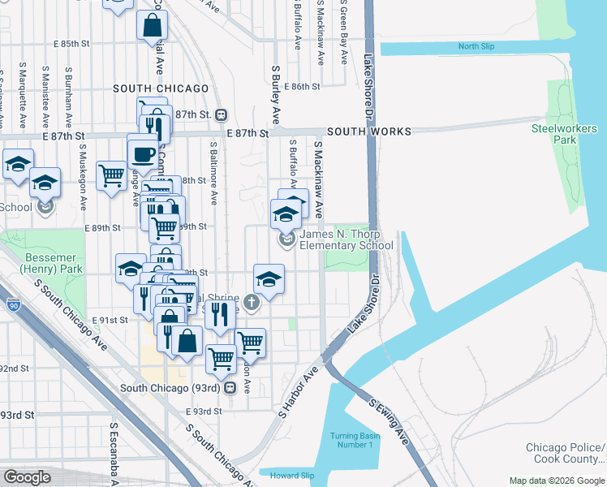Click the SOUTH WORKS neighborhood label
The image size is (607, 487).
point(369,131)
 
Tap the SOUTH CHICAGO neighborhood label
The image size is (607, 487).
point(161,88)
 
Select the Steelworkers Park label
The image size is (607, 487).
point(564,134)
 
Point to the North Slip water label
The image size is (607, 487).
point(476,47)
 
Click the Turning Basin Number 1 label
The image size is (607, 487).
point(352,440)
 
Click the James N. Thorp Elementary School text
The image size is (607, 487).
point(347,240)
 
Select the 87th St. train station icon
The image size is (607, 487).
point(220,114)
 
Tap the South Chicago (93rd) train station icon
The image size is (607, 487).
point(230,388)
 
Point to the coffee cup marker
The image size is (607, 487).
point(143,153)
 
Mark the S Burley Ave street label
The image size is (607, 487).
point(276,90)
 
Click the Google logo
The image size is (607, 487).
point(28,477)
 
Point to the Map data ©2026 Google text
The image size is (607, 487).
point(557,481)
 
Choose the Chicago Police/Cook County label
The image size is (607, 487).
point(565,454)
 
